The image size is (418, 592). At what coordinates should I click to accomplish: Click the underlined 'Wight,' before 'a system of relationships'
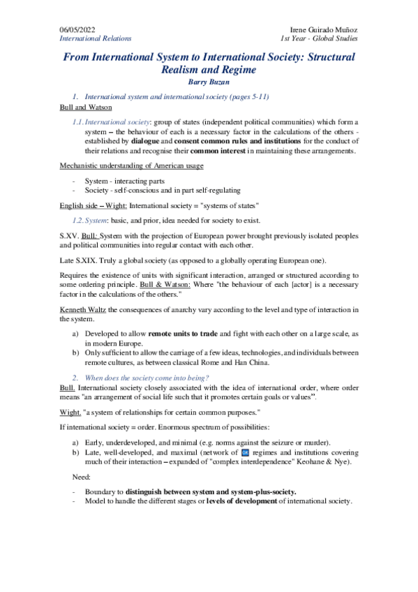point(72,411)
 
